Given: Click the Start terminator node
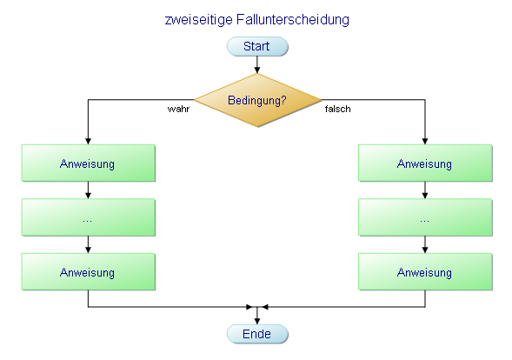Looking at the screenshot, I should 256,46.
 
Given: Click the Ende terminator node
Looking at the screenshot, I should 256,334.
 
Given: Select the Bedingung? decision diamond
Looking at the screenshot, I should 256,100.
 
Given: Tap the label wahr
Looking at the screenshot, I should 178,110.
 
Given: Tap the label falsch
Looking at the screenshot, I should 337,110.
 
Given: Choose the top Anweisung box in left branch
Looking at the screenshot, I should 88,163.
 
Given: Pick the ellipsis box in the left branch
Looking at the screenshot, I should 88,217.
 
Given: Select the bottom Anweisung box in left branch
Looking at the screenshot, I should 88,272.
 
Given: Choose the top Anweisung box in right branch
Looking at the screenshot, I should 424,163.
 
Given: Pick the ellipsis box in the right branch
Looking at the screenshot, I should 424,217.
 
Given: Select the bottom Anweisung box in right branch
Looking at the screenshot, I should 424,272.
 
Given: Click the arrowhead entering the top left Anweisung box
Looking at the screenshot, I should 88,141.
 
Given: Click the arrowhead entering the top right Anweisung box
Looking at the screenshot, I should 424,141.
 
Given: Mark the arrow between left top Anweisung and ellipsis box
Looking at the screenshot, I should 88,190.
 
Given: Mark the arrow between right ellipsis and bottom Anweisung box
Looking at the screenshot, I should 424,244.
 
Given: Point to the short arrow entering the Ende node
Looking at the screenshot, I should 256,317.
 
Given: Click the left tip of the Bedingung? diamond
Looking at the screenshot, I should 194,100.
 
